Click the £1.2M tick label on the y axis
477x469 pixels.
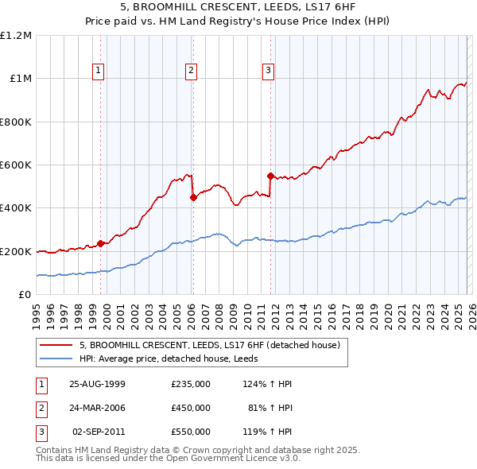click(16, 36)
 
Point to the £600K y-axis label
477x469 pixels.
click(16, 165)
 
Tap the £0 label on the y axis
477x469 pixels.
click(24, 294)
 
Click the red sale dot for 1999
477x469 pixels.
click(100, 243)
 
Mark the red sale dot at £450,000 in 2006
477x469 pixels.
click(193, 198)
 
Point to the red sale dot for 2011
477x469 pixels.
click(270, 176)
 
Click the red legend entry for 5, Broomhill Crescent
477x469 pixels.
click(210, 345)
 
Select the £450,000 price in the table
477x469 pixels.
click(191, 408)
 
